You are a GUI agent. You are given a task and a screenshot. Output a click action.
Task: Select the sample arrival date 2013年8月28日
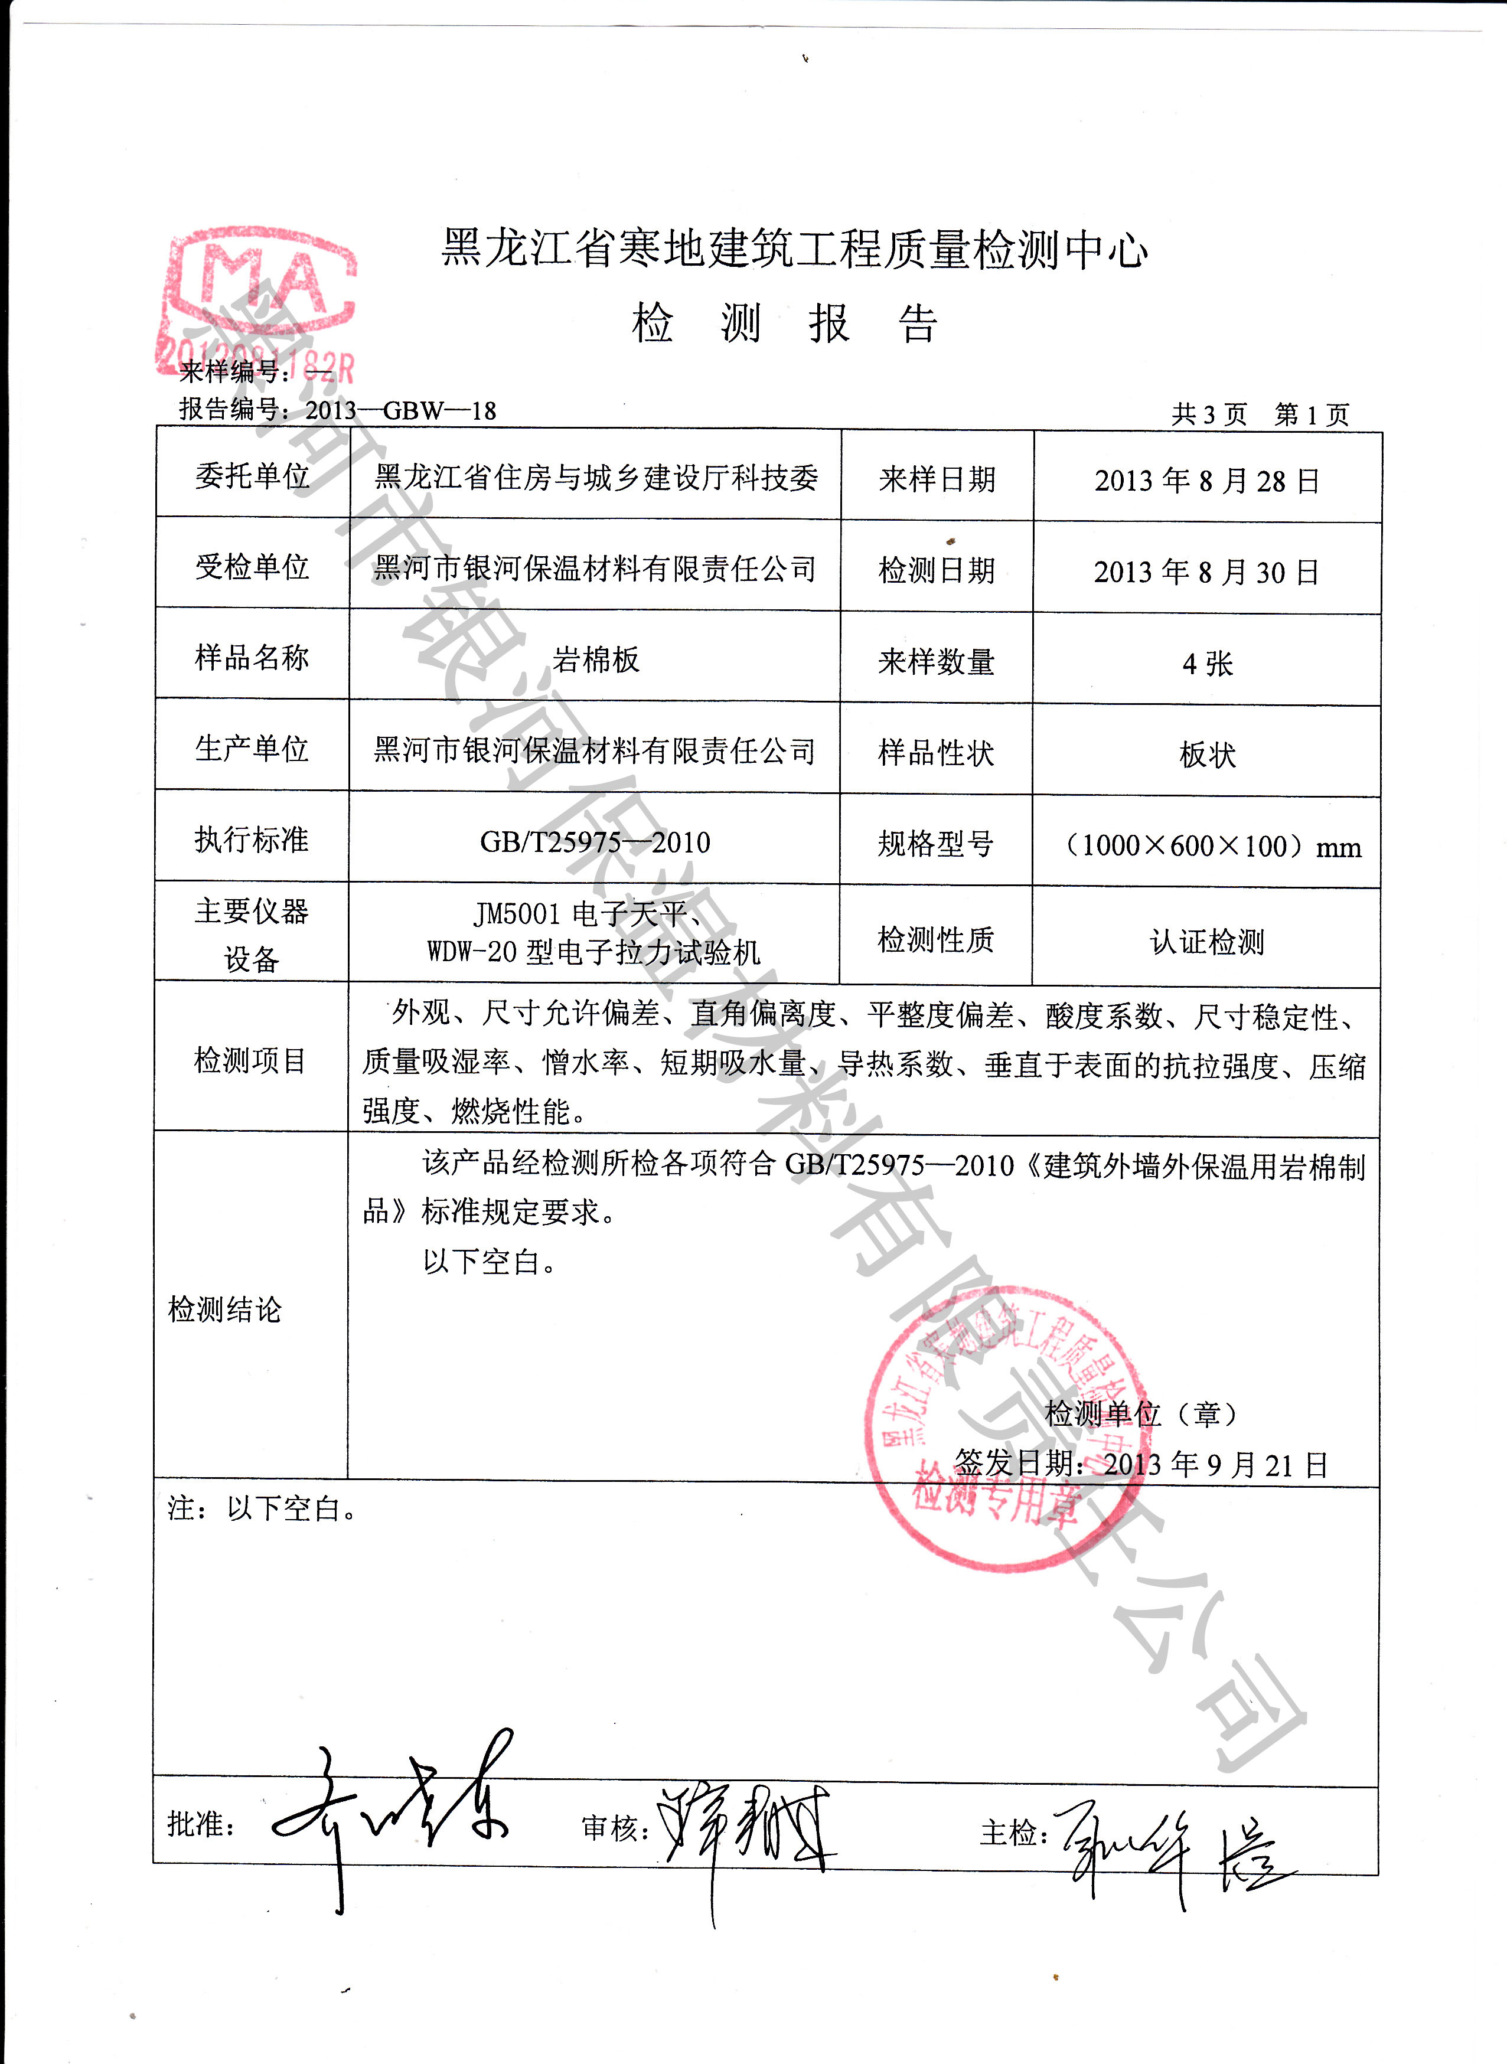click(1207, 481)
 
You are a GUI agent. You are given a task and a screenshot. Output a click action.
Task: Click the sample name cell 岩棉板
click(596, 658)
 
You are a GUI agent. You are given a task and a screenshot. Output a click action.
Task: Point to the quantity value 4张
click(1207, 663)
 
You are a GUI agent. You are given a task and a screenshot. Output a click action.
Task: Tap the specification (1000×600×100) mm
click(1211, 845)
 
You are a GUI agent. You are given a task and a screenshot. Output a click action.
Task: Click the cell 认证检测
click(1207, 941)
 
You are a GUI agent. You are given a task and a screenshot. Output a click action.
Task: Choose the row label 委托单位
click(252, 475)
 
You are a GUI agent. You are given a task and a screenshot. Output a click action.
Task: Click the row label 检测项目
click(250, 1060)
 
